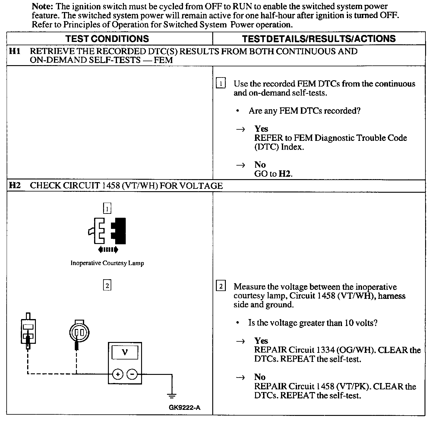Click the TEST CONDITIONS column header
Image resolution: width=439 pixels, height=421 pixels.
[x=107, y=39]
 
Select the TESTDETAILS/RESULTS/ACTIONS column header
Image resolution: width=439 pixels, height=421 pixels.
[x=319, y=39]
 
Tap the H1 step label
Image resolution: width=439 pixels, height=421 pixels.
[x=15, y=51]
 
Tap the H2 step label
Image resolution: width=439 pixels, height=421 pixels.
[x=15, y=185]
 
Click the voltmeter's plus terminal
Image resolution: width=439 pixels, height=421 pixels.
[x=118, y=374]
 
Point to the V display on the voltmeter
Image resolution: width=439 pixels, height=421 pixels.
[x=125, y=352]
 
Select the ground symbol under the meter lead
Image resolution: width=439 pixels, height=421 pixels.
[x=172, y=395]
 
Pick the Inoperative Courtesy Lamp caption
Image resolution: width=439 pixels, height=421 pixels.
[x=107, y=263]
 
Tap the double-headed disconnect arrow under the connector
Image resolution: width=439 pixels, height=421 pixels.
[x=108, y=249]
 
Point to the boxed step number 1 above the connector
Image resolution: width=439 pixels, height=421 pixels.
[x=107, y=208]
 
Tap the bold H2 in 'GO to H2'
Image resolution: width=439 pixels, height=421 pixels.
[x=285, y=174]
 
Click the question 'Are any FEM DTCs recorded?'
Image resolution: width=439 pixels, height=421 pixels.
[x=304, y=111]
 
